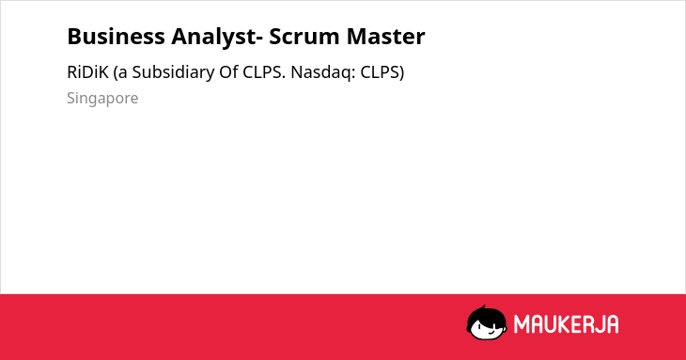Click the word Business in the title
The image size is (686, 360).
[x=116, y=37]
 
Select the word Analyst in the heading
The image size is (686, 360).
[x=213, y=38]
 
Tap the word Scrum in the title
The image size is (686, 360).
[x=304, y=37]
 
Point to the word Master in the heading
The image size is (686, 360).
[x=385, y=37]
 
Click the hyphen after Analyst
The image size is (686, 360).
[x=259, y=39]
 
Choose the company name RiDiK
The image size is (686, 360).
[x=87, y=72]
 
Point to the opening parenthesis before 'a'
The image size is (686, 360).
[x=116, y=72]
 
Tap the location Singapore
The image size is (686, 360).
[x=102, y=99]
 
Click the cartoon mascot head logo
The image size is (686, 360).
[x=487, y=322]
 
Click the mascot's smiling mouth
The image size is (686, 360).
[x=490, y=333]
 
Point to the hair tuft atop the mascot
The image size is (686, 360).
[x=483, y=308]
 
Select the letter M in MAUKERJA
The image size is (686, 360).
[x=522, y=324]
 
